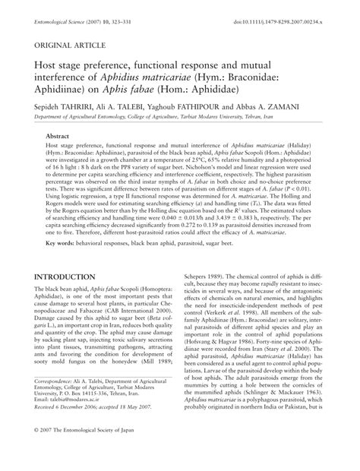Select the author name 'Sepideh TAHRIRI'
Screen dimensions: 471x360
click(x=61, y=108)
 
